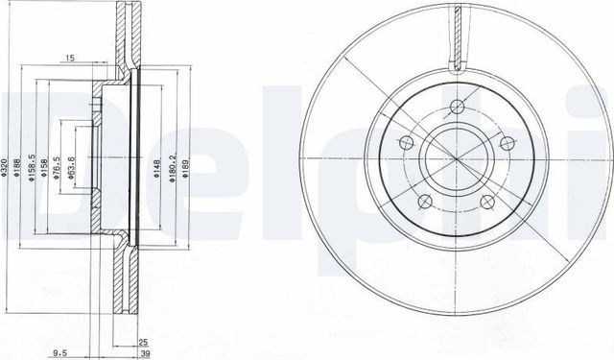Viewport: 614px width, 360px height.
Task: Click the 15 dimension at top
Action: [x=70, y=60]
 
